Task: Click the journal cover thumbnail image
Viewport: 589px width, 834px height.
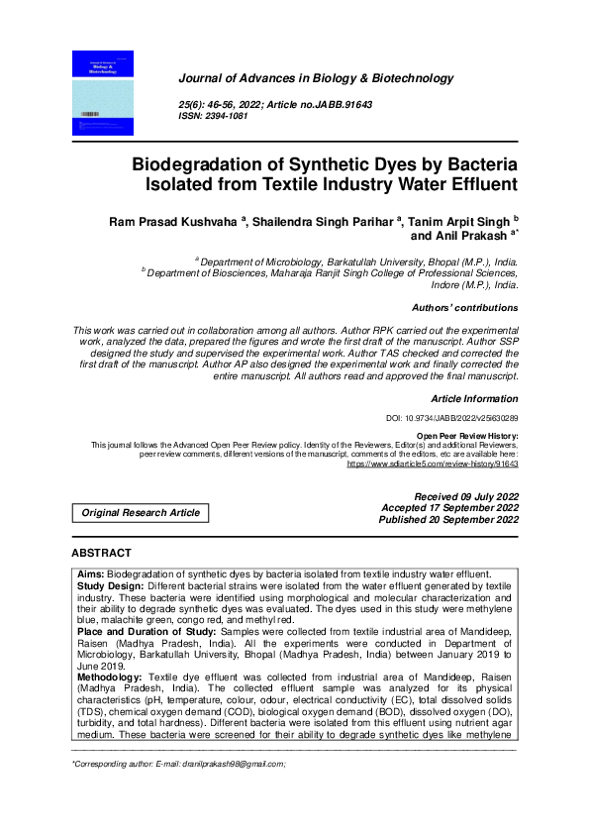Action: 103,93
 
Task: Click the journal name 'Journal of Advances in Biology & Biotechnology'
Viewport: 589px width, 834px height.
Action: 315,78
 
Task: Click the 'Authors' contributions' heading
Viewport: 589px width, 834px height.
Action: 464,308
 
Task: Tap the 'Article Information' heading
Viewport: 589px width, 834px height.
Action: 473,398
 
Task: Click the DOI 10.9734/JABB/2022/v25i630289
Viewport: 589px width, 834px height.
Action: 451,419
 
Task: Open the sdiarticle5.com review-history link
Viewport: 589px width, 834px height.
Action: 433,463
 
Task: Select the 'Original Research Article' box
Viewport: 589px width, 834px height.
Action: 141,512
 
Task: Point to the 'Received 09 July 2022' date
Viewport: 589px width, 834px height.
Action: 465,495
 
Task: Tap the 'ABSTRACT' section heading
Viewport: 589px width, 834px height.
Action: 101,553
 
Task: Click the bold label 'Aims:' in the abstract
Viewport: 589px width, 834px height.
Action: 90,574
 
